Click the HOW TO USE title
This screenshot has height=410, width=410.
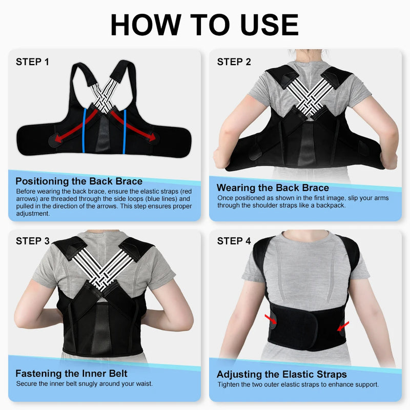coord(204,24)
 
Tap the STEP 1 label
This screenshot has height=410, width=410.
coord(32,62)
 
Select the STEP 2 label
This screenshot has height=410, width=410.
coord(234,62)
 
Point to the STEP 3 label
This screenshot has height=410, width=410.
coord(32,241)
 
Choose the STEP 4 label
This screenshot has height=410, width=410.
coord(234,241)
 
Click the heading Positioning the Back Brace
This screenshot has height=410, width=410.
coord(79,181)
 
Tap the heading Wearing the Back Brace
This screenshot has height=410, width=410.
coord(273,188)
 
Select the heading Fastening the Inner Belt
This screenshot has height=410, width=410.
coord(71,373)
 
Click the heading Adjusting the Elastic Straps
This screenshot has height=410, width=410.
coord(281,374)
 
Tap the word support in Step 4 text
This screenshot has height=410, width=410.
coord(366,384)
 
